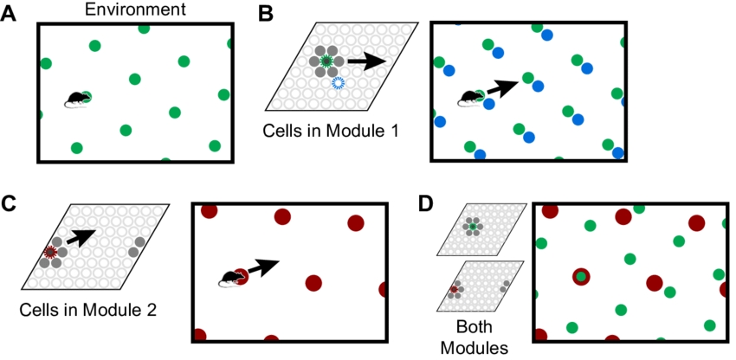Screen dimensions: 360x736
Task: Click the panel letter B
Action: coord(266,14)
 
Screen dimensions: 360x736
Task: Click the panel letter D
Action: coord(426,205)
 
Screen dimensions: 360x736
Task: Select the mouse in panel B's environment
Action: coord(472,97)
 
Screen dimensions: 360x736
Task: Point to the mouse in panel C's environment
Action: coord(229,278)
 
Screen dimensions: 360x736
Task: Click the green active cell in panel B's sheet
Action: coord(326,61)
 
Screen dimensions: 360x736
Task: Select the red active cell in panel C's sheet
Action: coord(50,252)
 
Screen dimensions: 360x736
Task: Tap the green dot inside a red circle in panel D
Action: coord(581,277)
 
